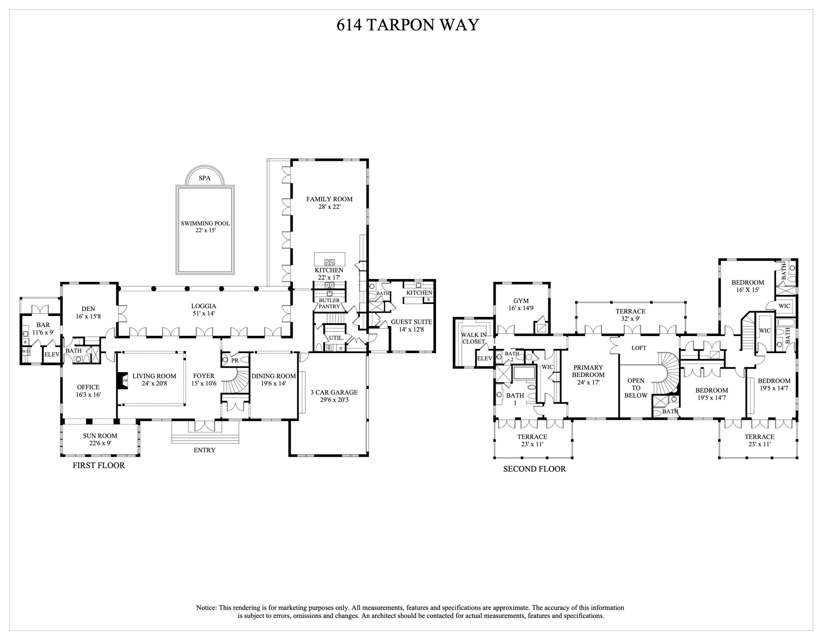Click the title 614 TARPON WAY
coord(408,25)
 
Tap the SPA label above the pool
coord(204,178)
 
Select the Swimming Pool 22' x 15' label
coord(205,227)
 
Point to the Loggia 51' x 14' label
coord(204,309)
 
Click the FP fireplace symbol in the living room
coord(125,381)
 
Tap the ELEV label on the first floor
coord(52,354)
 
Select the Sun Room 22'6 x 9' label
coord(100,439)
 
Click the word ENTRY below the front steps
coord(204,450)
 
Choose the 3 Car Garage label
coord(334,396)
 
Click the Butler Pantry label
coord(329,303)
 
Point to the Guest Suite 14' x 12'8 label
coord(411,325)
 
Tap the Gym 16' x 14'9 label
coord(520,304)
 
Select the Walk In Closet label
coord(473,338)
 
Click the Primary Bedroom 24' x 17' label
coord(588,375)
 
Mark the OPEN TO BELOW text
coord(636,388)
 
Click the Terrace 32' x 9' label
coord(630,315)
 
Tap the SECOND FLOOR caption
coord(534,469)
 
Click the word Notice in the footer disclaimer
coord(206,608)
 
